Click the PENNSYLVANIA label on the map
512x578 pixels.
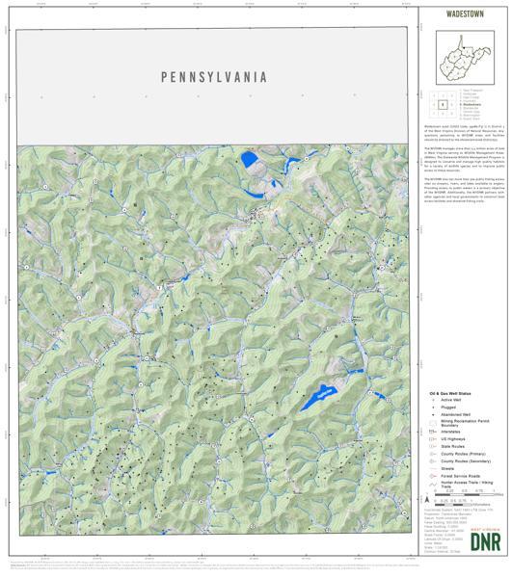[213, 77]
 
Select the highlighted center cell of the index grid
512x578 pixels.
[443, 104]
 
